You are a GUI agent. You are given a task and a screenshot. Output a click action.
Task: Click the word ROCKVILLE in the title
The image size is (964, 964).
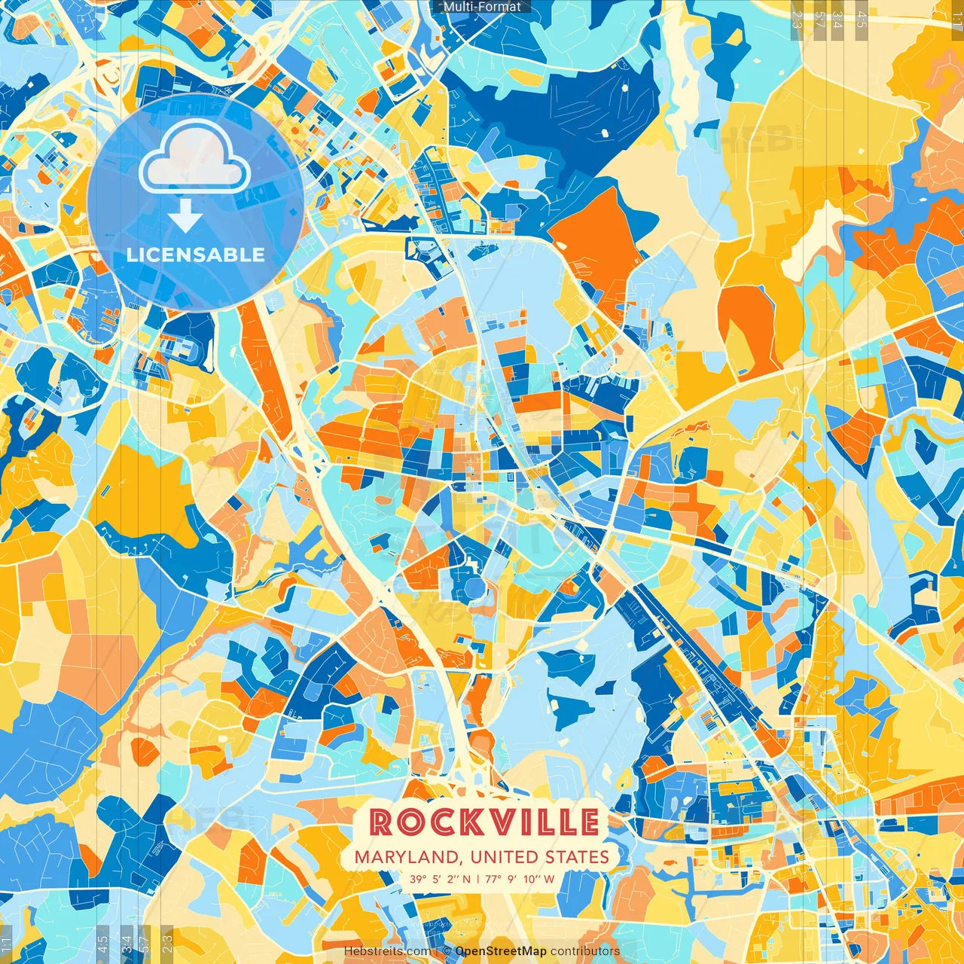pos(485,822)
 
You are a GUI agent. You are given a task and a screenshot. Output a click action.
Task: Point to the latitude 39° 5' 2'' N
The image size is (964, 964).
pos(441,878)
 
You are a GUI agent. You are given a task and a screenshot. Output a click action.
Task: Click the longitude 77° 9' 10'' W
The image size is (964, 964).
pos(520,878)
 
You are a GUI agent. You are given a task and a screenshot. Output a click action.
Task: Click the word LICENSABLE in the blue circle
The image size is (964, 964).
pos(196,255)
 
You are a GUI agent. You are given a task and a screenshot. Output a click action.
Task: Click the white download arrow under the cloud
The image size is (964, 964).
pos(185,218)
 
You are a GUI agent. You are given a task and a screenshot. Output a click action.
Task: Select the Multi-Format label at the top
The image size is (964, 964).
pos(482,7)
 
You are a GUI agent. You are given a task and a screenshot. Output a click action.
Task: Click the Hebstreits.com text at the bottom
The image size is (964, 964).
pos(387,951)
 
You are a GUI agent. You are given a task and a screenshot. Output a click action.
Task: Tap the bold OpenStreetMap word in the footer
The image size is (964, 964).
pos(501,951)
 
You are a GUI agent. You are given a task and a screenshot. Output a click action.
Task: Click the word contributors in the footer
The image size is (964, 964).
pos(585,951)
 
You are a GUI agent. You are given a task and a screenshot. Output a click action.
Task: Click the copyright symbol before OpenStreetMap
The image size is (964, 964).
pos(447,951)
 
